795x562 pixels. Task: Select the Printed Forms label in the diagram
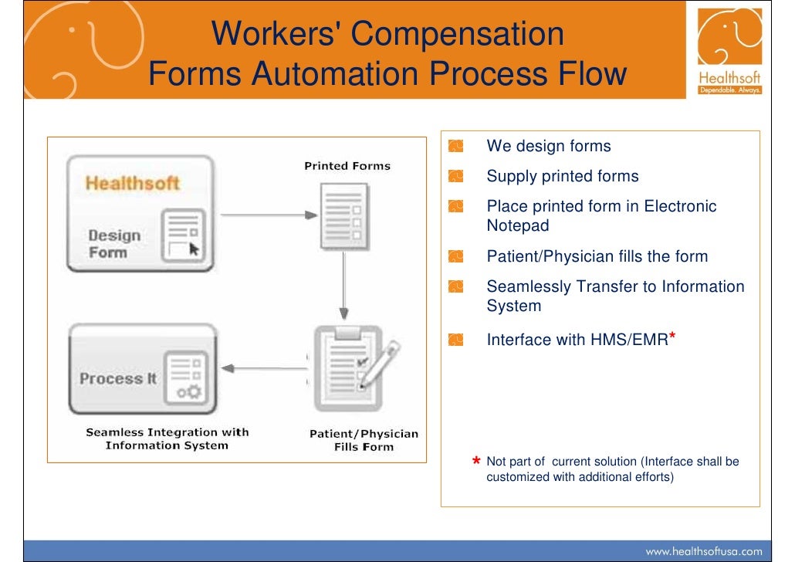click(x=347, y=166)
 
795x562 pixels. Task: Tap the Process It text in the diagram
click(x=111, y=379)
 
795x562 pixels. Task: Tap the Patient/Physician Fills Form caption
click(x=364, y=440)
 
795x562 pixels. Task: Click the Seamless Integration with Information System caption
click(x=167, y=438)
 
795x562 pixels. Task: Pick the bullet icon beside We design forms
click(x=455, y=146)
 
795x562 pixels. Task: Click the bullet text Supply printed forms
click(x=562, y=176)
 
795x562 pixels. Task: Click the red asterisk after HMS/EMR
click(x=673, y=337)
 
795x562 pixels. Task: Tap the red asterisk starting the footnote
click(x=477, y=462)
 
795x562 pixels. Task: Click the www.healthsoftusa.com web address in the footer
click(x=703, y=551)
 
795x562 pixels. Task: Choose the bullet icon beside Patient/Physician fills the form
click(x=455, y=256)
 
